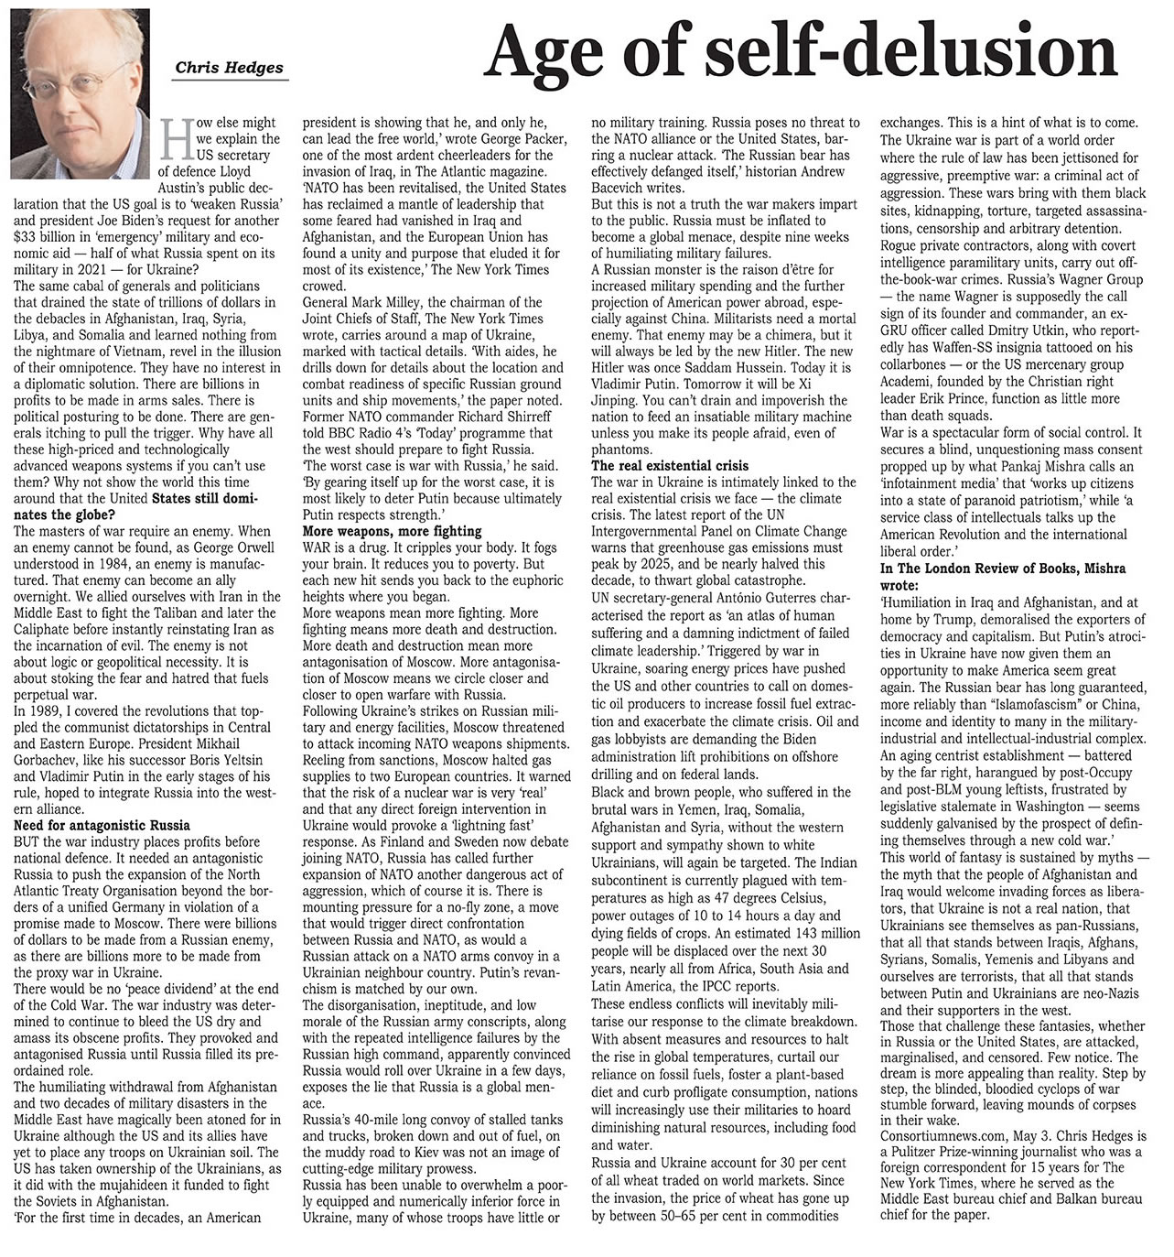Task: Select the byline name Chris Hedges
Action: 229,67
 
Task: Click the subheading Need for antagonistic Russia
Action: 102,825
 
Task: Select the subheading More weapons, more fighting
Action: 392,531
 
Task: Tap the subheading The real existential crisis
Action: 670,466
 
